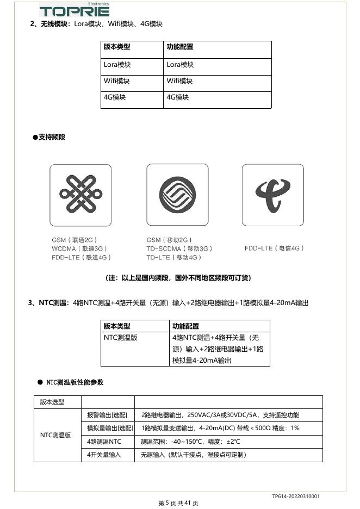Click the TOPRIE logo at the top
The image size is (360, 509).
pyautogui.click(x=75, y=10)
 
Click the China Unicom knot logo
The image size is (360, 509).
pyautogui.click(x=80, y=195)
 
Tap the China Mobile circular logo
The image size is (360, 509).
pyautogui.click(x=177, y=195)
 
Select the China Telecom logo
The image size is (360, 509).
pyautogui.click(x=273, y=195)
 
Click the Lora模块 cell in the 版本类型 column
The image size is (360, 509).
pyautogui.click(x=117, y=65)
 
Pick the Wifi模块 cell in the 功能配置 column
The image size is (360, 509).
pyautogui.click(x=180, y=81)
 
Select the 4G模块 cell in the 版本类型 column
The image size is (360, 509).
pyautogui.click(x=115, y=97)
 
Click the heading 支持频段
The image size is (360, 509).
pyautogui.click(x=52, y=137)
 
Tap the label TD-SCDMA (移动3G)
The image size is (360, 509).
pyautogui.click(x=179, y=249)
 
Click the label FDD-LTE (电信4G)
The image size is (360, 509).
pyautogui.click(x=274, y=248)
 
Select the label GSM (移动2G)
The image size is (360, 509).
pyautogui.click(x=169, y=240)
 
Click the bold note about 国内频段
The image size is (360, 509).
pyautogui.click(x=178, y=278)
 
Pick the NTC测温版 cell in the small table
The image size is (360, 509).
pyautogui.click(x=121, y=338)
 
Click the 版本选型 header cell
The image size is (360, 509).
pyautogui.click(x=52, y=402)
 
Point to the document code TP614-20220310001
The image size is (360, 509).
pyautogui.click(x=296, y=496)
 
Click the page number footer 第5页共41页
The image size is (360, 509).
pyautogui.click(x=178, y=504)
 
